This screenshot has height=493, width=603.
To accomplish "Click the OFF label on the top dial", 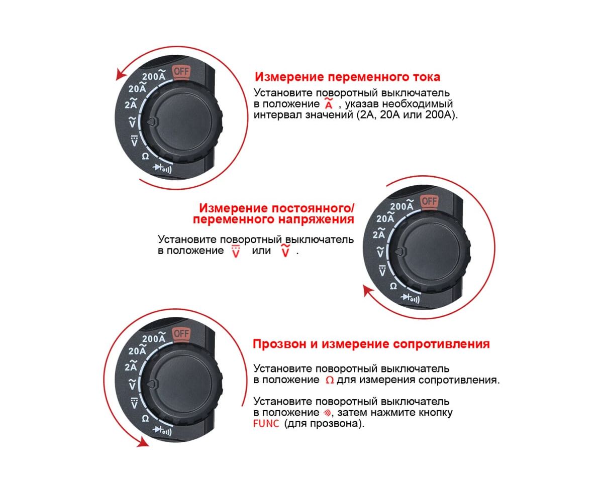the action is point(181,71).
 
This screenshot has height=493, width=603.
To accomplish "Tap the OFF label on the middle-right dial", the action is point(429,201).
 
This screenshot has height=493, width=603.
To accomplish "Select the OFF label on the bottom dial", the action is point(181,333).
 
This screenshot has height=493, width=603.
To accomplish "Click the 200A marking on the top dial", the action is point(154,75).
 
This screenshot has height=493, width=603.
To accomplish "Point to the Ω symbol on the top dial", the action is point(145,156).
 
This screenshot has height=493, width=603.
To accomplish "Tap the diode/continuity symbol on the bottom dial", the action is point(162,430).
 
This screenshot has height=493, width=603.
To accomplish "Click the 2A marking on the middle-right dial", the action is point(379,233).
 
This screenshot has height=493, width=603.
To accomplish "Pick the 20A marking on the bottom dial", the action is point(137,349).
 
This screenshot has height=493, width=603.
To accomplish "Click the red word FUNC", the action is point(266,424).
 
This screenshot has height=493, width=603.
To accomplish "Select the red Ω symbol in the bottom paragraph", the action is point(330,380).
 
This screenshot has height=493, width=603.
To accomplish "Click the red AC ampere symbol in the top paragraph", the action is point(329,103).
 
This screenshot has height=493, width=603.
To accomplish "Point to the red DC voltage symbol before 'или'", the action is point(236,251).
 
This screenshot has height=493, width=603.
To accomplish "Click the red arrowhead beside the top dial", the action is point(121,75).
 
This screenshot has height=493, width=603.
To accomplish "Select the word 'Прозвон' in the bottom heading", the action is point(280,344).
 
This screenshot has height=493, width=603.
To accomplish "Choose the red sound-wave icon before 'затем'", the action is point(327,413).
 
